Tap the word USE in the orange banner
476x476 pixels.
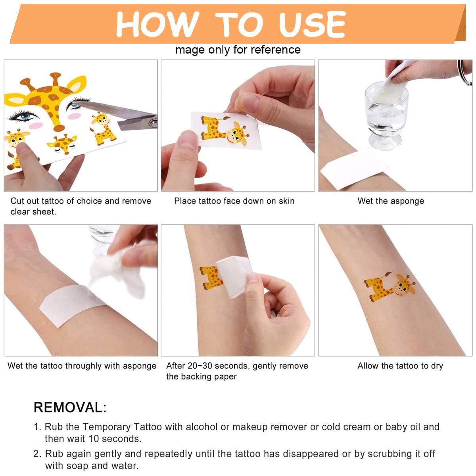click(x=313, y=24)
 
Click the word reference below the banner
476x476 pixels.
click(x=276, y=50)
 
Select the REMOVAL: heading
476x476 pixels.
click(x=70, y=407)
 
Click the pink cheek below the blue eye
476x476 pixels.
click(x=36, y=125)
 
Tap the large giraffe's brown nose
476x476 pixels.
click(x=59, y=128)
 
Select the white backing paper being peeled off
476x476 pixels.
click(x=233, y=276)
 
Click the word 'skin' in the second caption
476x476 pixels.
click(x=286, y=201)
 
